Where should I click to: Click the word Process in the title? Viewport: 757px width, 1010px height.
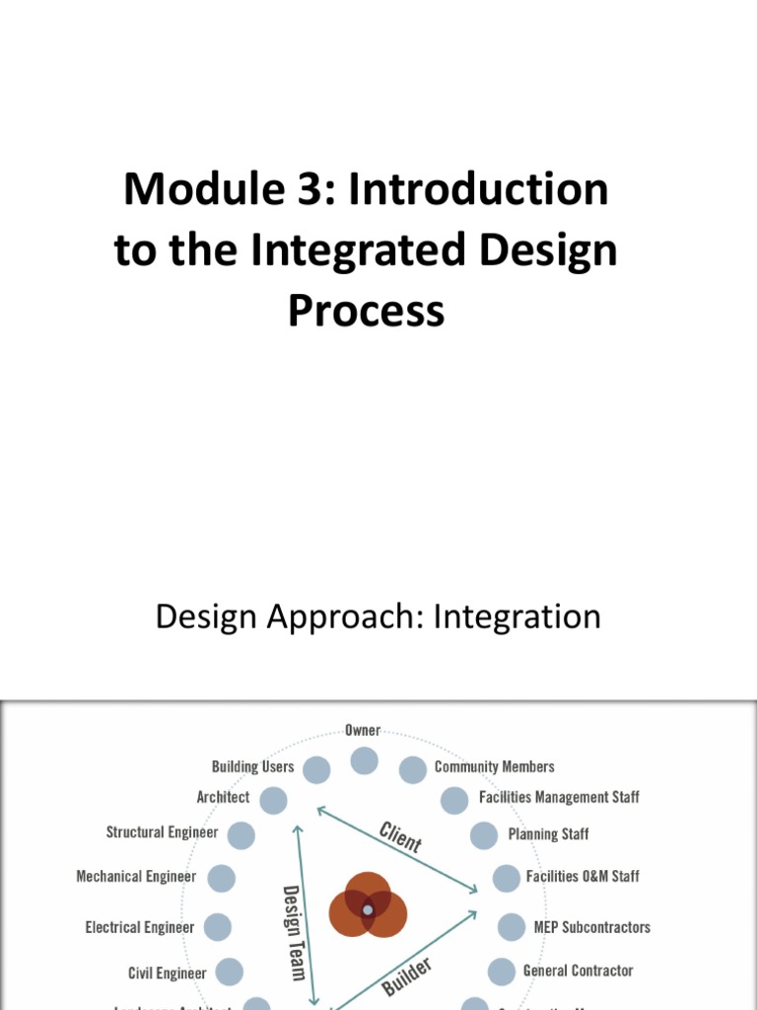click(x=367, y=311)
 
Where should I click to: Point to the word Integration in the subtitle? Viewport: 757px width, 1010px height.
click(x=516, y=617)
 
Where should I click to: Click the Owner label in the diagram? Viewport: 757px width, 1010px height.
click(x=363, y=731)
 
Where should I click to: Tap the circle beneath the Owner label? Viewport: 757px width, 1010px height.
click(x=364, y=760)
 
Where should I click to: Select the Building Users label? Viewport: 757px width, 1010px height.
click(x=252, y=766)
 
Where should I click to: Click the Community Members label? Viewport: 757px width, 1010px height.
click(x=494, y=766)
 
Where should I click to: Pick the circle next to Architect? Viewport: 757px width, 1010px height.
click(x=273, y=800)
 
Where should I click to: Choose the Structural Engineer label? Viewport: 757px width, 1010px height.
click(x=162, y=832)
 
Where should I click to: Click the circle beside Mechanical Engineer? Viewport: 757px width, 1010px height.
click(x=222, y=878)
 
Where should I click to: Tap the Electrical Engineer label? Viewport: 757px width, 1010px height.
click(x=140, y=927)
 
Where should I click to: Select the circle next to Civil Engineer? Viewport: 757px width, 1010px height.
click(x=230, y=973)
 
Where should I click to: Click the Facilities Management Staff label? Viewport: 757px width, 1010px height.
click(x=559, y=797)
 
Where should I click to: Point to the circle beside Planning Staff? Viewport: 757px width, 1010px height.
click(x=484, y=835)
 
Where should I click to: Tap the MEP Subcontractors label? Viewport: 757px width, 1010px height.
click(x=591, y=927)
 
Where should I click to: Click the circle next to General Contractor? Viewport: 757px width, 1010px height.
click(x=501, y=972)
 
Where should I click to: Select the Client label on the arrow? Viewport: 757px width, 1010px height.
click(x=400, y=836)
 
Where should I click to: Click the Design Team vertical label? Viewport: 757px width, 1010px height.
click(x=293, y=932)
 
